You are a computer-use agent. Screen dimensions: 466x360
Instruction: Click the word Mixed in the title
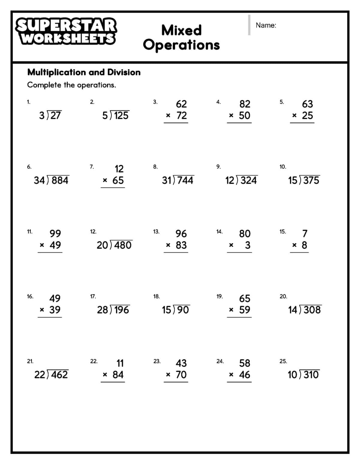(181, 30)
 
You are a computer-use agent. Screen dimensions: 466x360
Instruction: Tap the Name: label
(266, 25)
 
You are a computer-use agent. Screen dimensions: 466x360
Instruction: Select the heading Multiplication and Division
(84, 72)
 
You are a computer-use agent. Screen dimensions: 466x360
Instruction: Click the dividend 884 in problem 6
(60, 180)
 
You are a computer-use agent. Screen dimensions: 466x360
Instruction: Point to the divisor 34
(39, 180)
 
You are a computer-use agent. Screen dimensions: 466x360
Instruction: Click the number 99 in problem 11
(55, 233)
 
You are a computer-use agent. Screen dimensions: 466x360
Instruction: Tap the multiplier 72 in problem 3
(181, 116)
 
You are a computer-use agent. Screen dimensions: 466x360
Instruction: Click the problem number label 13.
(156, 232)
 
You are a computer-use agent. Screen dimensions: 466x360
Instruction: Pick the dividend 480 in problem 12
(123, 245)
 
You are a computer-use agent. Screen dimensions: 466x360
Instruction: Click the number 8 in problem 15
(304, 245)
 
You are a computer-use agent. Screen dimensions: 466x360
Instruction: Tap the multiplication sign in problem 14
(231, 245)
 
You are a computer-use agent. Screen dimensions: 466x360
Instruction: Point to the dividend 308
(312, 310)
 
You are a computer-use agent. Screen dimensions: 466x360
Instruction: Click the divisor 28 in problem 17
(102, 310)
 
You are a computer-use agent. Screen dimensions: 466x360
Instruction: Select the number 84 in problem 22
(118, 375)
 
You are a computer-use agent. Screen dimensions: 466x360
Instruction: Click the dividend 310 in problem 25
(311, 375)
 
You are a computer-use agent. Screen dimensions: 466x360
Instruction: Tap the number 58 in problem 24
(245, 363)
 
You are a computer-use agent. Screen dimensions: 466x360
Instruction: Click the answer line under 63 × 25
(302, 123)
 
